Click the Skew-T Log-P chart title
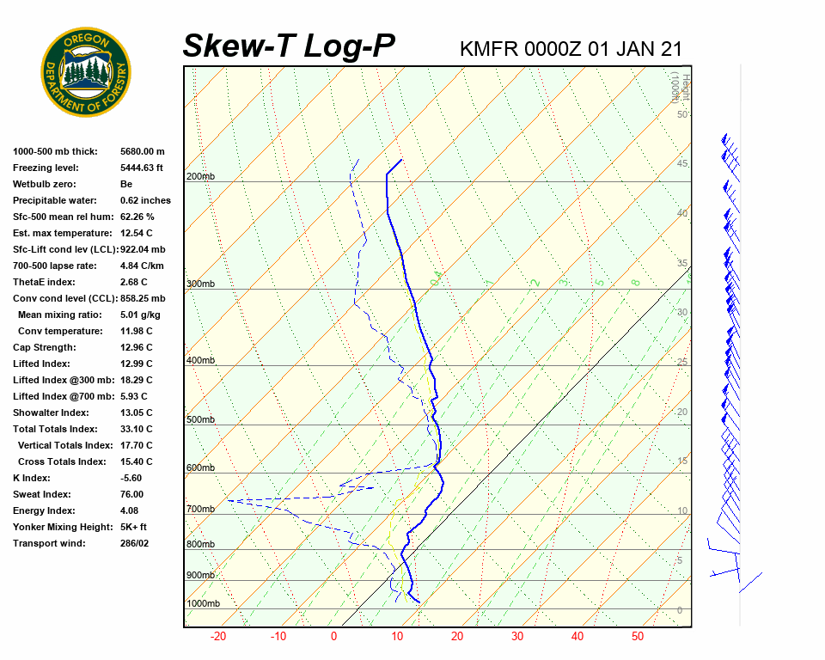(x=289, y=46)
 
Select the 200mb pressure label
(x=200, y=177)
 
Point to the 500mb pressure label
(x=200, y=420)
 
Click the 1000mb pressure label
(x=203, y=604)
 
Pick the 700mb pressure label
(x=200, y=510)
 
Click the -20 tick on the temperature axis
(x=217, y=637)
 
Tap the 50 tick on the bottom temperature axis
(x=638, y=637)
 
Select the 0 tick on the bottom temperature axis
(x=334, y=637)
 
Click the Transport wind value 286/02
(x=134, y=544)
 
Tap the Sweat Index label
(x=42, y=495)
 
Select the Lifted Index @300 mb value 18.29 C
(x=136, y=381)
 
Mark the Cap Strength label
(x=44, y=348)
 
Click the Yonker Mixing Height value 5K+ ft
(x=133, y=528)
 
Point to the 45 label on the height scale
(x=682, y=164)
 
